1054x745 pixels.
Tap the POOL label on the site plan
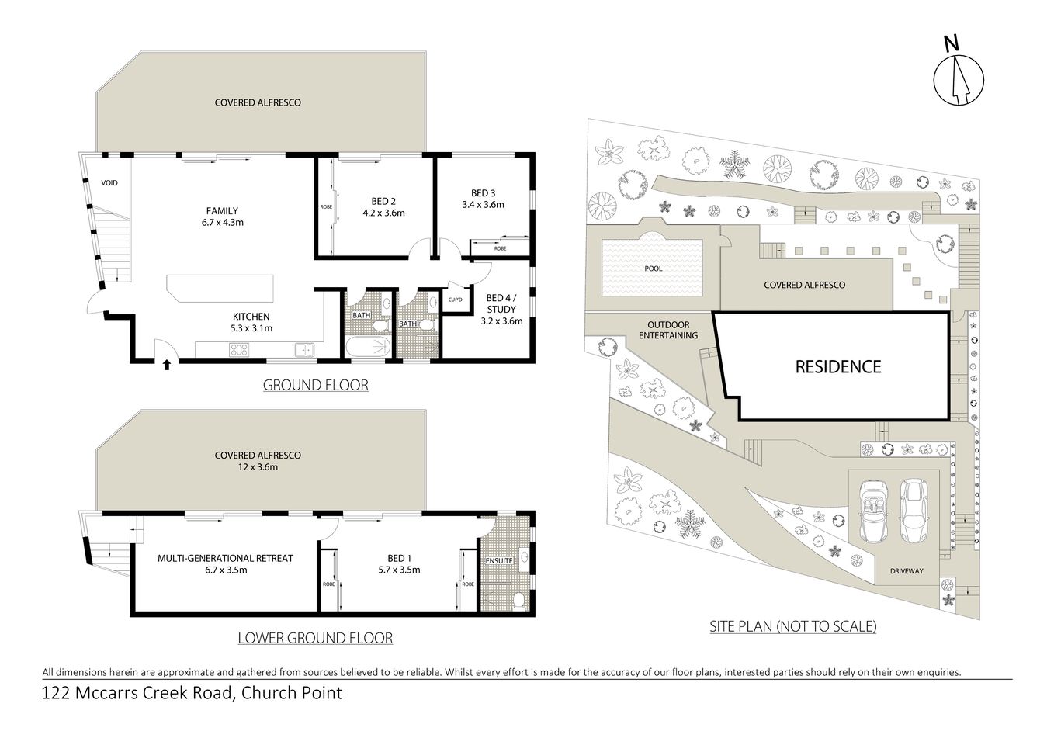pyautogui.click(x=654, y=269)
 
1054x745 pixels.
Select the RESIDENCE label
pyautogui.click(x=837, y=366)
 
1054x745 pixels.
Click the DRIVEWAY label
pyautogui.click(x=907, y=571)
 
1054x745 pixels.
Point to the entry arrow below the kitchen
pyautogui.click(x=166, y=364)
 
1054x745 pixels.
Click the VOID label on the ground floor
pyautogui.click(x=109, y=183)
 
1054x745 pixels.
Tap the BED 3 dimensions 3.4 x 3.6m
pyautogui.click(x=483, y=205)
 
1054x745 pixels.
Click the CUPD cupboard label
pyautogui.click(x=456, y=300)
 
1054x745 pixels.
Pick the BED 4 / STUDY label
pyautogui.click(x=501, y=303)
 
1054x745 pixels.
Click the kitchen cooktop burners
pyautogui.click(x=238, y=350)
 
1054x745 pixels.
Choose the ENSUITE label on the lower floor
pyautogui.click(x=498, y=560)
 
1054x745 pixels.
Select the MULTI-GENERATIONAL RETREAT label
pyautogui.click(x=225, y=558)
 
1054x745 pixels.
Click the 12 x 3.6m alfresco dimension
pyautogui.click(x=258, y=467)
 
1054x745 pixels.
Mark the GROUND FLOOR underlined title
pyautogui.click(x=315, y=385)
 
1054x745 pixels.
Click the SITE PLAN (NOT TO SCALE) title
pyautogui.click(x=792, y=626)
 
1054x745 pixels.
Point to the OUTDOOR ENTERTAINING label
pyautogui.click(x=668, y=331)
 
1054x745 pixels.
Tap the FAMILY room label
pyautogui.click(x=222, y=210)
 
